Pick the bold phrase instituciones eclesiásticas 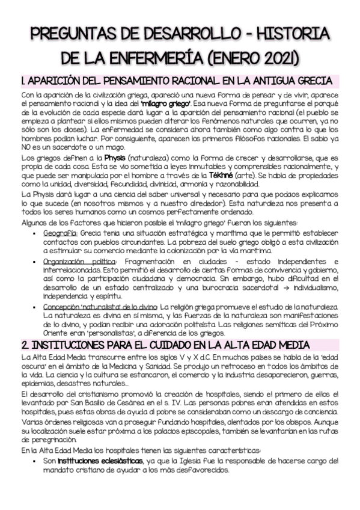pyautogui.click(x=101, y=461)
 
